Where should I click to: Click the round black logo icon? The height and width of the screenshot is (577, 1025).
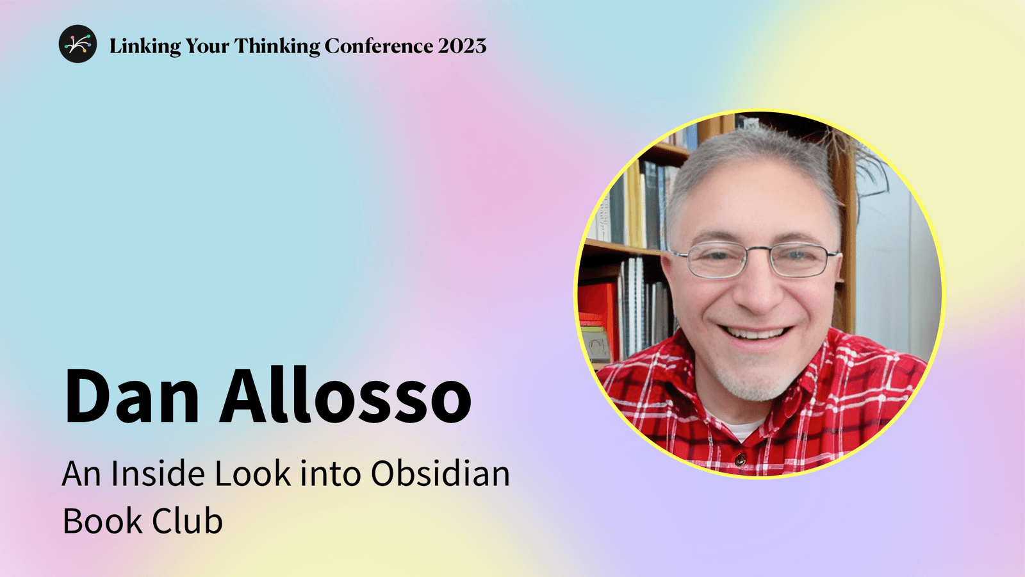tap(78, 44)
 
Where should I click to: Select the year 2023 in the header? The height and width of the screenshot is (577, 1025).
tap(462, 46)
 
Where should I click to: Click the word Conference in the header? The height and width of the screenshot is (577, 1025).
tap(379, 46)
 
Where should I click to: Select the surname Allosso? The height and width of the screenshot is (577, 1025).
tap(345, 397)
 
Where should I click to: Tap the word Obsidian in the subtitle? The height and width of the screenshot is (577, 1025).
tap(440, 474)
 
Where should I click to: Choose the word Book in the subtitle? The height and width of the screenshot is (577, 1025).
tap(102, 521)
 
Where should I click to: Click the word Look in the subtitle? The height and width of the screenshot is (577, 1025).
tap(252, 474)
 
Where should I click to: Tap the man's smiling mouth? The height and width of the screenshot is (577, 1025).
tap(756, 334)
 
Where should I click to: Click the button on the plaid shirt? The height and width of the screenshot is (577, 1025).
tap(740, 459)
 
